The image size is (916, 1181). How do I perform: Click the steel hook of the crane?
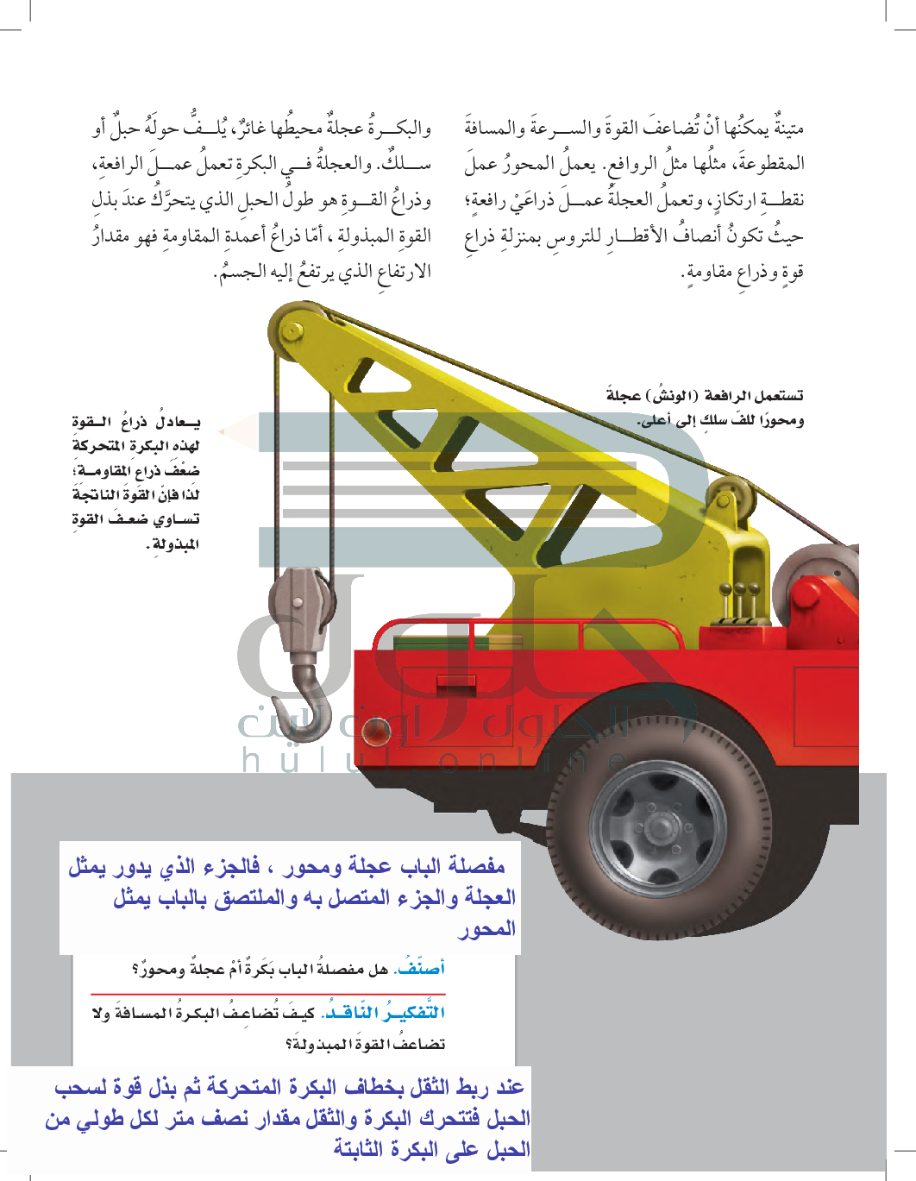pos(304,690)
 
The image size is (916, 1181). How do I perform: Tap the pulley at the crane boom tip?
pos(293,331)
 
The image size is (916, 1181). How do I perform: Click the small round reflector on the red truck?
pos(377,732)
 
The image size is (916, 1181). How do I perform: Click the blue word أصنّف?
pos(420,968)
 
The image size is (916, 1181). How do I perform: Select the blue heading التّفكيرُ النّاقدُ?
pos(384,1012)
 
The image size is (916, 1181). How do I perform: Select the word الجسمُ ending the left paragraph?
pos(233,272)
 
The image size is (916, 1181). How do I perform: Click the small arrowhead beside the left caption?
pos(223,430)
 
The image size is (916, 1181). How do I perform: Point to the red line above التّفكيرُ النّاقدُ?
pos(267,995)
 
